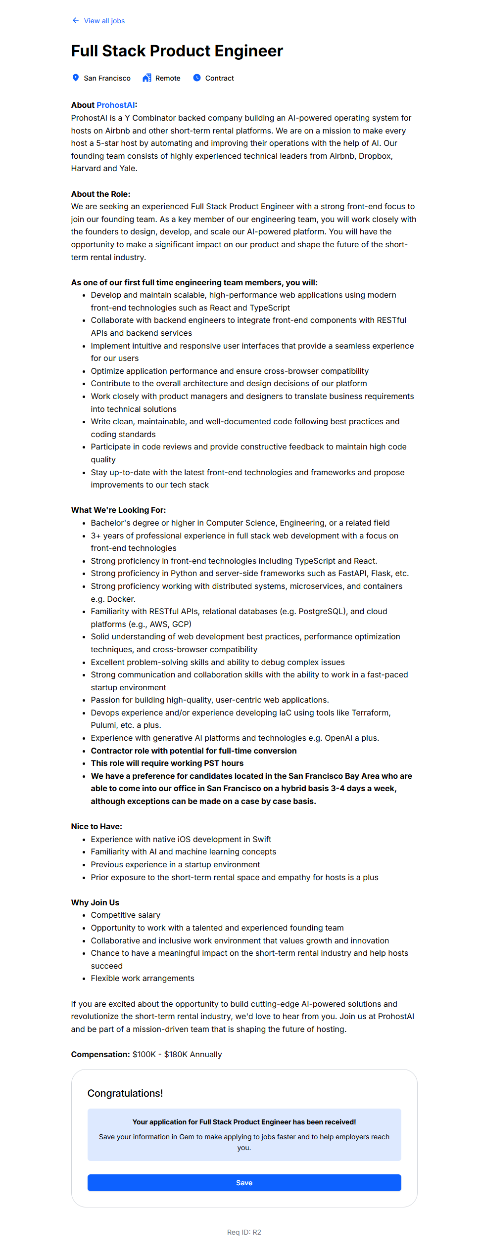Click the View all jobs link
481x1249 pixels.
104,21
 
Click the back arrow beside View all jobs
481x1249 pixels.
76,20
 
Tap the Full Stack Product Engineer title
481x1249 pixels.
177,51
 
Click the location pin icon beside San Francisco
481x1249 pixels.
76,78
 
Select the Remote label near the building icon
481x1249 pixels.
168,78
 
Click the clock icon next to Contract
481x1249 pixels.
197,78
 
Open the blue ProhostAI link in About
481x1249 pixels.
115,105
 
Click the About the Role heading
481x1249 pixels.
100,194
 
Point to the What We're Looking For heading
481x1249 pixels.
118,510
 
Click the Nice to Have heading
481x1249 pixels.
96,826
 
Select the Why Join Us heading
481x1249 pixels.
95,902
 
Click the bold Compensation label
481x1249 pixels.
100,1054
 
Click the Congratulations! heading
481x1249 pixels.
125,1093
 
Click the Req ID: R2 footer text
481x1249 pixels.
244,1232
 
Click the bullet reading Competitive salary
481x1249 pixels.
125,915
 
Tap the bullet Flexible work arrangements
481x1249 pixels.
143,978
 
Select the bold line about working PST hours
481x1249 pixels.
167,763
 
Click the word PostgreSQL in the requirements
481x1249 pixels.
322,611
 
